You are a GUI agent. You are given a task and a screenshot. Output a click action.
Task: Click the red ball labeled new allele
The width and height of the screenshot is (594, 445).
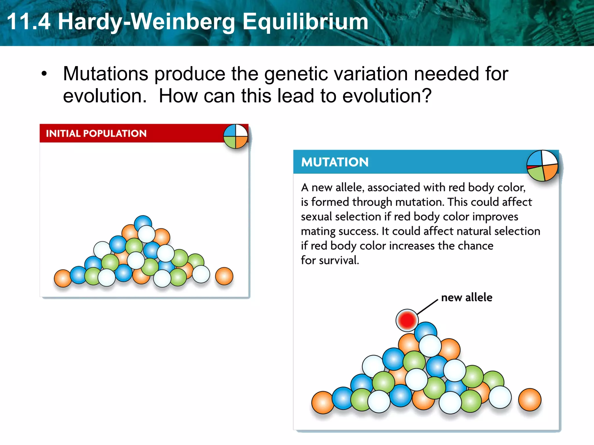coord(407,320)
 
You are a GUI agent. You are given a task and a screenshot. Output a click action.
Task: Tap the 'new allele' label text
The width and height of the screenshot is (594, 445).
coord(466,298)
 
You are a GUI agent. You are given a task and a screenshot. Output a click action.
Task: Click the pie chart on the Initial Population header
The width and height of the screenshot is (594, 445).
coord(236,136)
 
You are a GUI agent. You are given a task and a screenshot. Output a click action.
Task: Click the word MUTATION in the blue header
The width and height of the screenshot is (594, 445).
coord(335,162)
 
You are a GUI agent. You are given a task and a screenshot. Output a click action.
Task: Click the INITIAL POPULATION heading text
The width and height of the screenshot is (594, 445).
coord(96,134)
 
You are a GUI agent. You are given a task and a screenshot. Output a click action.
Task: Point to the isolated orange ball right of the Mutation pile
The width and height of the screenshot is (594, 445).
coord(530,400)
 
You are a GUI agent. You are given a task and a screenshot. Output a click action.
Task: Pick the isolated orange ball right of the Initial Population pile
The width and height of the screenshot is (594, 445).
coord(224,276)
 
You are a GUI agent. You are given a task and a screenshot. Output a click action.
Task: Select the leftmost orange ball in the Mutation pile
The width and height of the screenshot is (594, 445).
coord(322,402)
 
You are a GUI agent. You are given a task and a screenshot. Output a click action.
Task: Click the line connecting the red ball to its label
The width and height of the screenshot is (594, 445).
coord(428,307)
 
